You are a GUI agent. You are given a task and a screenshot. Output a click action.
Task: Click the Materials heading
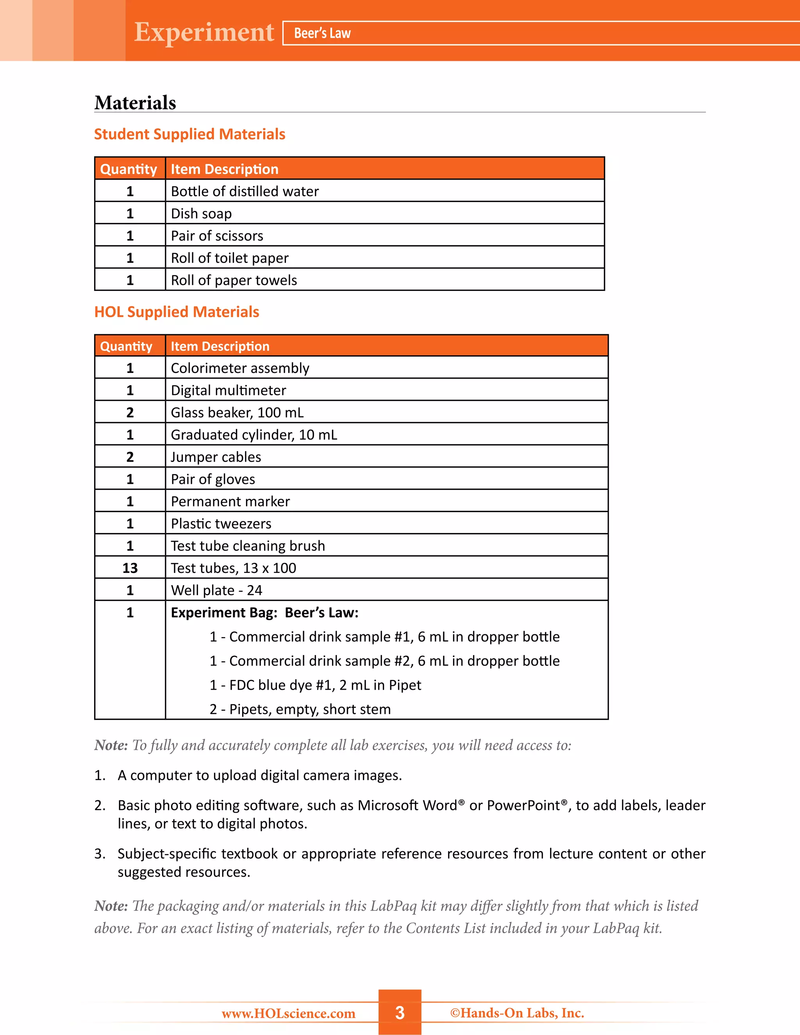pos(135,103)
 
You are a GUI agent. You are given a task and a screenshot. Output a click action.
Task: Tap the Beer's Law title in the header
pos(322,33)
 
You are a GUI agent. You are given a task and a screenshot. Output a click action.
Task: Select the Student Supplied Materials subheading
pos(189,134)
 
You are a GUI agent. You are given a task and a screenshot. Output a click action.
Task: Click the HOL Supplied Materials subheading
pos(177,312)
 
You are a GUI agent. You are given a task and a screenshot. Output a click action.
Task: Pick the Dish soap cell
pos(202,214)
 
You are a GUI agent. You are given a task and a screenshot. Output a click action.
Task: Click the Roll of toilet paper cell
pos(230,258)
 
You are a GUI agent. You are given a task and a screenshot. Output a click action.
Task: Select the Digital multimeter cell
pos(229,391)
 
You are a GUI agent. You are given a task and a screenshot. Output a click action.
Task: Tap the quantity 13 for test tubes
pos(130,568)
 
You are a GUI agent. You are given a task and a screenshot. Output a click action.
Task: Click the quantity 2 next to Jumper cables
pos(130,457)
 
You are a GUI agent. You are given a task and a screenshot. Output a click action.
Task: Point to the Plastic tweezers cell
pos(221,524)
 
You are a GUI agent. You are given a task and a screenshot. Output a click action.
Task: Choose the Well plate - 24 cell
pos(216,591)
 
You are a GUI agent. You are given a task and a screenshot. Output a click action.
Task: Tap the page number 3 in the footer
pos(400,1013)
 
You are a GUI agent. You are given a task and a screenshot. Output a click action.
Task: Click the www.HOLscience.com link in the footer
pos(289,1014)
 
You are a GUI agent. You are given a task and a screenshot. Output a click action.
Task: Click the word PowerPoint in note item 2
pos(523,806)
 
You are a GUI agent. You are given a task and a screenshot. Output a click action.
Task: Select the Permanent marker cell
pos(230,501)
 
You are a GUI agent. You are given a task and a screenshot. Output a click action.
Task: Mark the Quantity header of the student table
pos(129,169)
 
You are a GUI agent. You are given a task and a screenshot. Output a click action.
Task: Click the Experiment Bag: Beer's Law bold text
pos(264,613)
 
